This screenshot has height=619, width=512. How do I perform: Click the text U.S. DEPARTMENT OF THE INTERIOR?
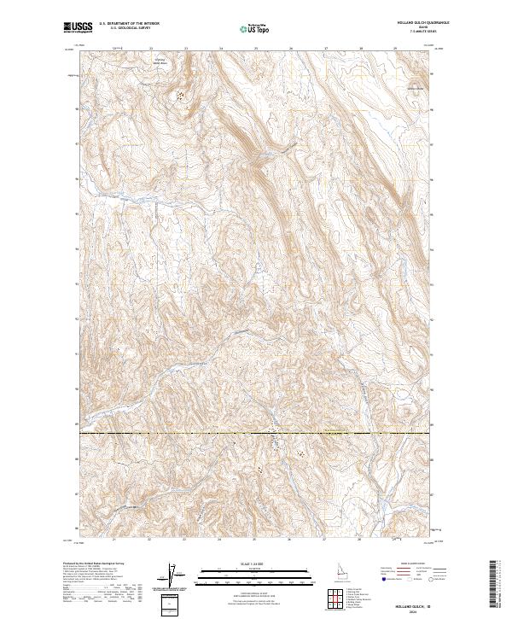(x=129, y=24)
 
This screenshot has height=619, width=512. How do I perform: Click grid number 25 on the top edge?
(x=256, y=49)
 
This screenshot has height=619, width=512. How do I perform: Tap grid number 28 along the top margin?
(x=361, y=49)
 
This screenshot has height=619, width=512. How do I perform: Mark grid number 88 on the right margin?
(x=434, y=459)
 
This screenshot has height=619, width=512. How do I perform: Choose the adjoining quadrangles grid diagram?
(x=335, y=596)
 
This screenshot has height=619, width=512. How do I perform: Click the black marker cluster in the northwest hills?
(x=180, y=96)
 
